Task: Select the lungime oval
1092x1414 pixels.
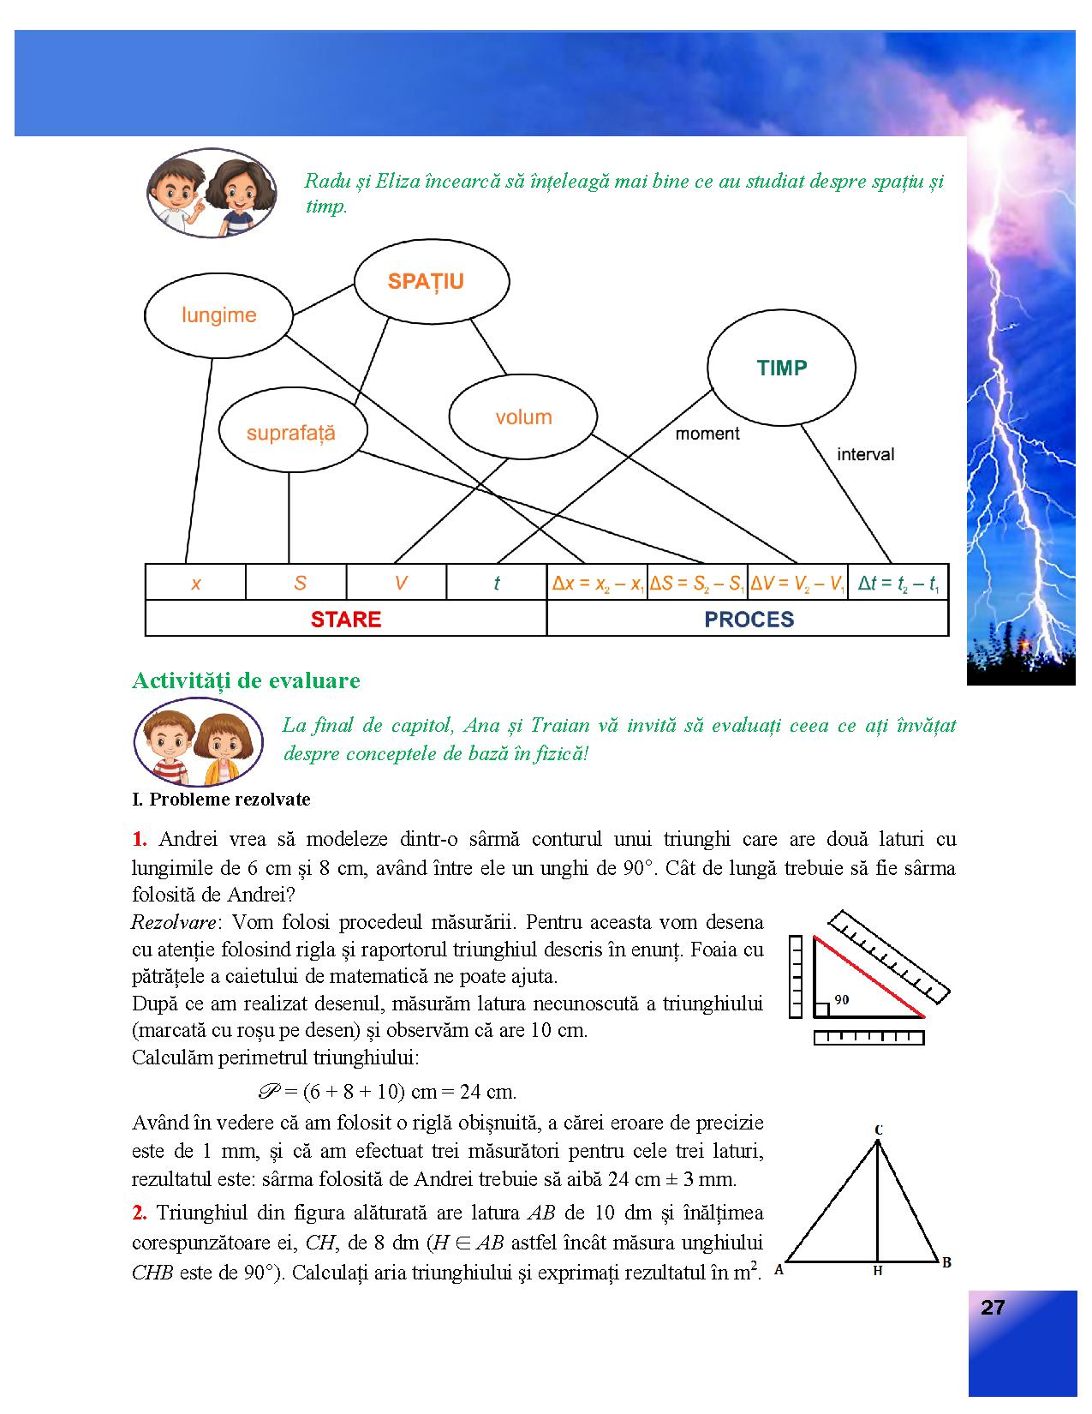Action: coord(218,315)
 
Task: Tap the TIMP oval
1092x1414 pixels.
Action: coord(781,368)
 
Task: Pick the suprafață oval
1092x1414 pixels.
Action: coord(291,433)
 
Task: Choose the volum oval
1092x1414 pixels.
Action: coord(523,417)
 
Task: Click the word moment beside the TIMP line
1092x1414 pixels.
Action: coord(707,434)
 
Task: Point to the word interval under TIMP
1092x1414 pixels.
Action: coord(865,454)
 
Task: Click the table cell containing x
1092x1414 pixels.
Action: coord(195,584)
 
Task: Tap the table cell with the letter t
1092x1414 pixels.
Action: coord(496,584)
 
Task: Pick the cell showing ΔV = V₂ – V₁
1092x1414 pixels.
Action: coord(797,584)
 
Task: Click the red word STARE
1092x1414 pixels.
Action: coord(346,620)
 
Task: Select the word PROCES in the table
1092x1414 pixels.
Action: coord(749,620)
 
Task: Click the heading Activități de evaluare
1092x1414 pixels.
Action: coord(246,680)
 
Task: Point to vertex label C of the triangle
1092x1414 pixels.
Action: coord(878,1130)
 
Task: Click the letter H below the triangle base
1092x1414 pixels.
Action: coord(877,1272)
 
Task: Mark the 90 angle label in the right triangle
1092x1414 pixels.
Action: coord(841,999)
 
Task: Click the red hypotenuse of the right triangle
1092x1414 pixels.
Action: coord(868,977)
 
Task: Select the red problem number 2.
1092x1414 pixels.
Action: coord(140,1213)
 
